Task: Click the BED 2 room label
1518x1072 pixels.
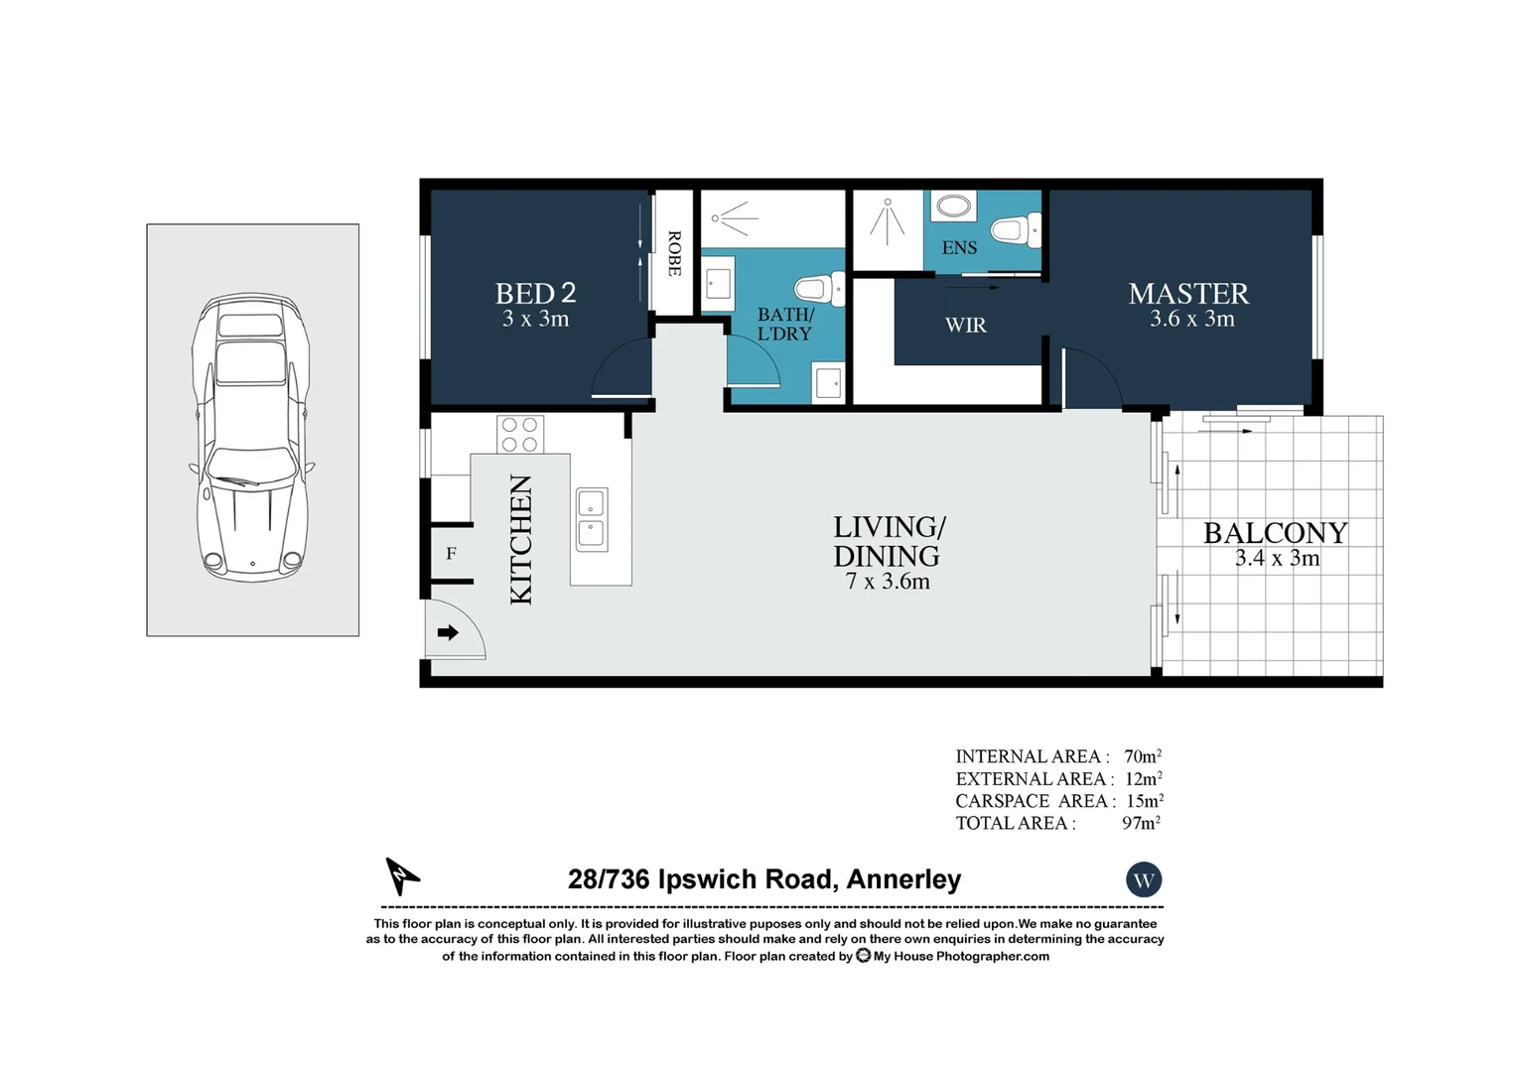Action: pos(535,294)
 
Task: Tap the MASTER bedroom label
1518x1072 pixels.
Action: pos(1188,294)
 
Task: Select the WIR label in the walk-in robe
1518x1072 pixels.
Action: pos(965,326)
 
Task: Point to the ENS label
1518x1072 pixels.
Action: pos(959,248)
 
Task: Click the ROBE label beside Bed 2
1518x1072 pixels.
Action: pos(674,253)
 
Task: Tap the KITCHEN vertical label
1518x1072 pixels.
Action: pos(521,539)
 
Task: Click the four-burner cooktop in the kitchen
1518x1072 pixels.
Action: pos(519,434)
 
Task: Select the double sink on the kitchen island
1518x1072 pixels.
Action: pos(591,519)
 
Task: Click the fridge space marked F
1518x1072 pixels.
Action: pos(451,554)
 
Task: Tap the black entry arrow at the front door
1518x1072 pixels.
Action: pos(448,632)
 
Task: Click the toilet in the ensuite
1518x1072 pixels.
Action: pos(1016,230)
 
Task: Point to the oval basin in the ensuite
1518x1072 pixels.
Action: pos(954,207)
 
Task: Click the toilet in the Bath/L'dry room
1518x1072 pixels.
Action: pos(820,289)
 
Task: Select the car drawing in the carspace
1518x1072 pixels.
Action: pos(252,437)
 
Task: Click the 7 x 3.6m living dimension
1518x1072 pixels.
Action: pos(888,582)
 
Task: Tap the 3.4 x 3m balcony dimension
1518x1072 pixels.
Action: pos(1277,559)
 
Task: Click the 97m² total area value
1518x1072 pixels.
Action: pos(1141,823)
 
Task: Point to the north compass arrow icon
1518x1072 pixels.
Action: pos(401,876)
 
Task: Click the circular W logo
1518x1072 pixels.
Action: pos(1144,879)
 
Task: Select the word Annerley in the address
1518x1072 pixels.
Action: pos(903,879)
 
